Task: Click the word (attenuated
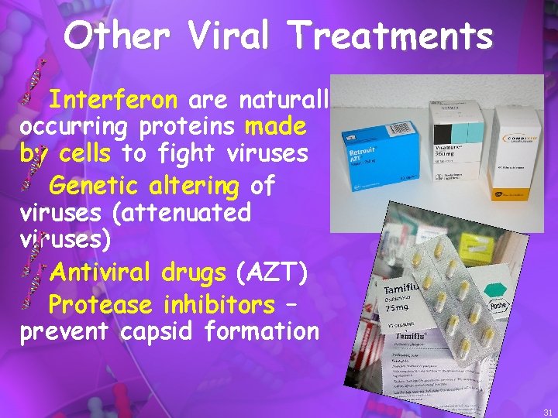point(174,211)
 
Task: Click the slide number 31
point(548,413)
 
